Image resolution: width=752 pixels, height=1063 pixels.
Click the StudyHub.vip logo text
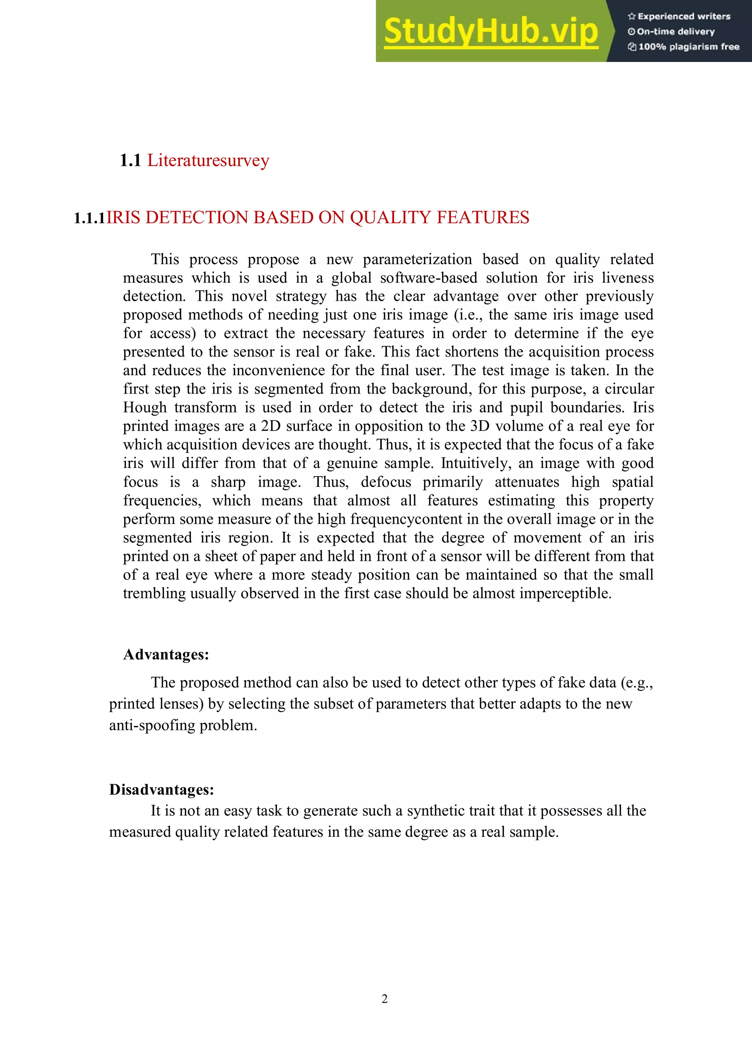(491, 31)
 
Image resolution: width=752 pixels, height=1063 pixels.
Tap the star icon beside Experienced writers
(631, 17)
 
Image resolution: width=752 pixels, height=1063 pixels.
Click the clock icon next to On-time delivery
(631, 32)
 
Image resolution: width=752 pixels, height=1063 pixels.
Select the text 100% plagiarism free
(688, 47)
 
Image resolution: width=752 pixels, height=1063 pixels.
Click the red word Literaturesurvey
(208, 161)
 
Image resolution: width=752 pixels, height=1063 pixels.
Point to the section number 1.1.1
(90, 218)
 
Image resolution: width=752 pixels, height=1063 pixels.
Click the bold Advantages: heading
(166, 655)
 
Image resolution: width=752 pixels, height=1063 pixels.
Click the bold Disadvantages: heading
(162, 789)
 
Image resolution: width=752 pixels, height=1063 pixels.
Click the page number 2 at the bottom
(384, 999)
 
